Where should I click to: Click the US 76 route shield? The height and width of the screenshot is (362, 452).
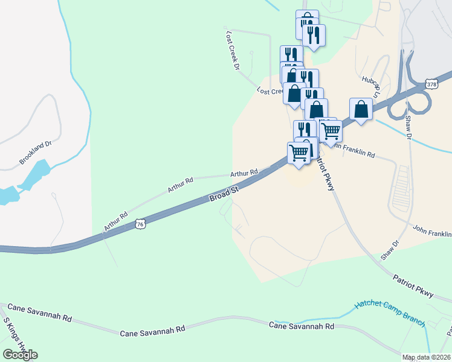tap(140, 224)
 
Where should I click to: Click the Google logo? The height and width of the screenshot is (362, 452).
tap(20, 354)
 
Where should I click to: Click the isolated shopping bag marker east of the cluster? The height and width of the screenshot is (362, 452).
tap(361, 110)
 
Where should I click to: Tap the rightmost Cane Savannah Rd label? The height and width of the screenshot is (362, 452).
tap(301, 326)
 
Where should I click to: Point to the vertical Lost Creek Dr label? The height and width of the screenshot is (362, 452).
tap(232, 51)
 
